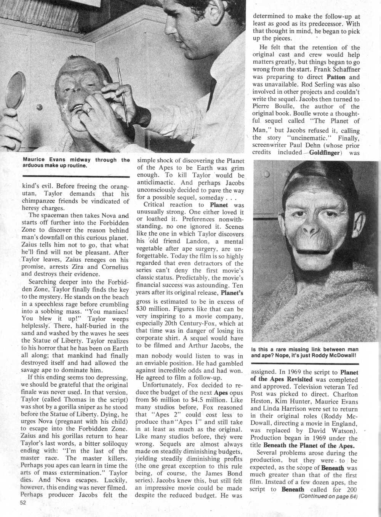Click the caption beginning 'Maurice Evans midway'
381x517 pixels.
coord(76,163)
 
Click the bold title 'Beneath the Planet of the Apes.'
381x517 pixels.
coord(303,446)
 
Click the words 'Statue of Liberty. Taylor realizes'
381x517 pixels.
coord(74,341)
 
